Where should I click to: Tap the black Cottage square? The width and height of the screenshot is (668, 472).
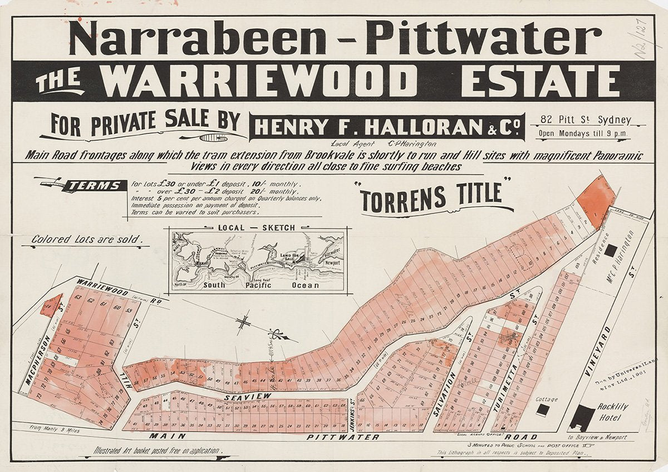click(542, 410)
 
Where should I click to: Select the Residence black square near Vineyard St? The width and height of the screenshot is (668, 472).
click(611, 251)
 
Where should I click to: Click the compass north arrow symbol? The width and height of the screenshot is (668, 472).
click(243, 322)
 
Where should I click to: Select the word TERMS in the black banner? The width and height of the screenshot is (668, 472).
click(94, 186)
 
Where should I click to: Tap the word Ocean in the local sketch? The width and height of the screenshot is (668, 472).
click(306, 285)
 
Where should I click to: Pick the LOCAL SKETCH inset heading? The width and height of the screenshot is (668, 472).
click(257, 227)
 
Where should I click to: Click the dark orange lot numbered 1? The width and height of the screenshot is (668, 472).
click(596, 201)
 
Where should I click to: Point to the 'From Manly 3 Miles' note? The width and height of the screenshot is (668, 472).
click(56, 428)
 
